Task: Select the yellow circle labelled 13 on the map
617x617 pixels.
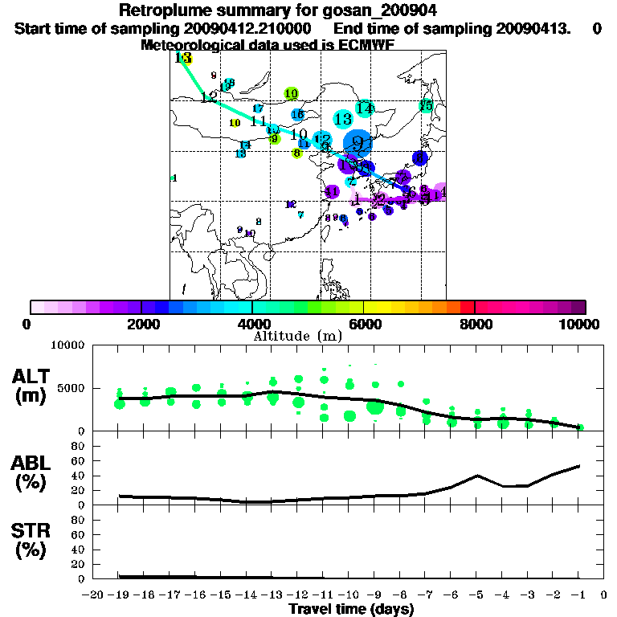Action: pyautogui.click(x=184, y=59)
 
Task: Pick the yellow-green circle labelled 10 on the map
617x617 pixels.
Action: pyautogui.click(x=291, y=94)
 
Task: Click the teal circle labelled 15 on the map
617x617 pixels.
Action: pyautogui.click(x=426, y=106)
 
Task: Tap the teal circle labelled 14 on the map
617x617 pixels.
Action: pyautogui.click(x=365, y=108)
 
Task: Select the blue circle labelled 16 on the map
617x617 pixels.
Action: pyautogui.click(x=297, y=115)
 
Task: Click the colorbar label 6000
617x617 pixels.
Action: pyautogui.click(x=364, y=324)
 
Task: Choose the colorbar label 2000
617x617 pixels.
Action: pyautogui.click(x=141, y=324)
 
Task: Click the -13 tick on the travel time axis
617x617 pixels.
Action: pyautogui.click(x=272, y=595)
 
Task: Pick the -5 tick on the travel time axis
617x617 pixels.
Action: pyautogui.click(x=477, y=595)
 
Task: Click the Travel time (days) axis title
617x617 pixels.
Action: pyautogui.click(x=351, y=609)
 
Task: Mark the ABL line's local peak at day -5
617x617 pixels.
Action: pyautogui.click(x=477, y=475)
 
